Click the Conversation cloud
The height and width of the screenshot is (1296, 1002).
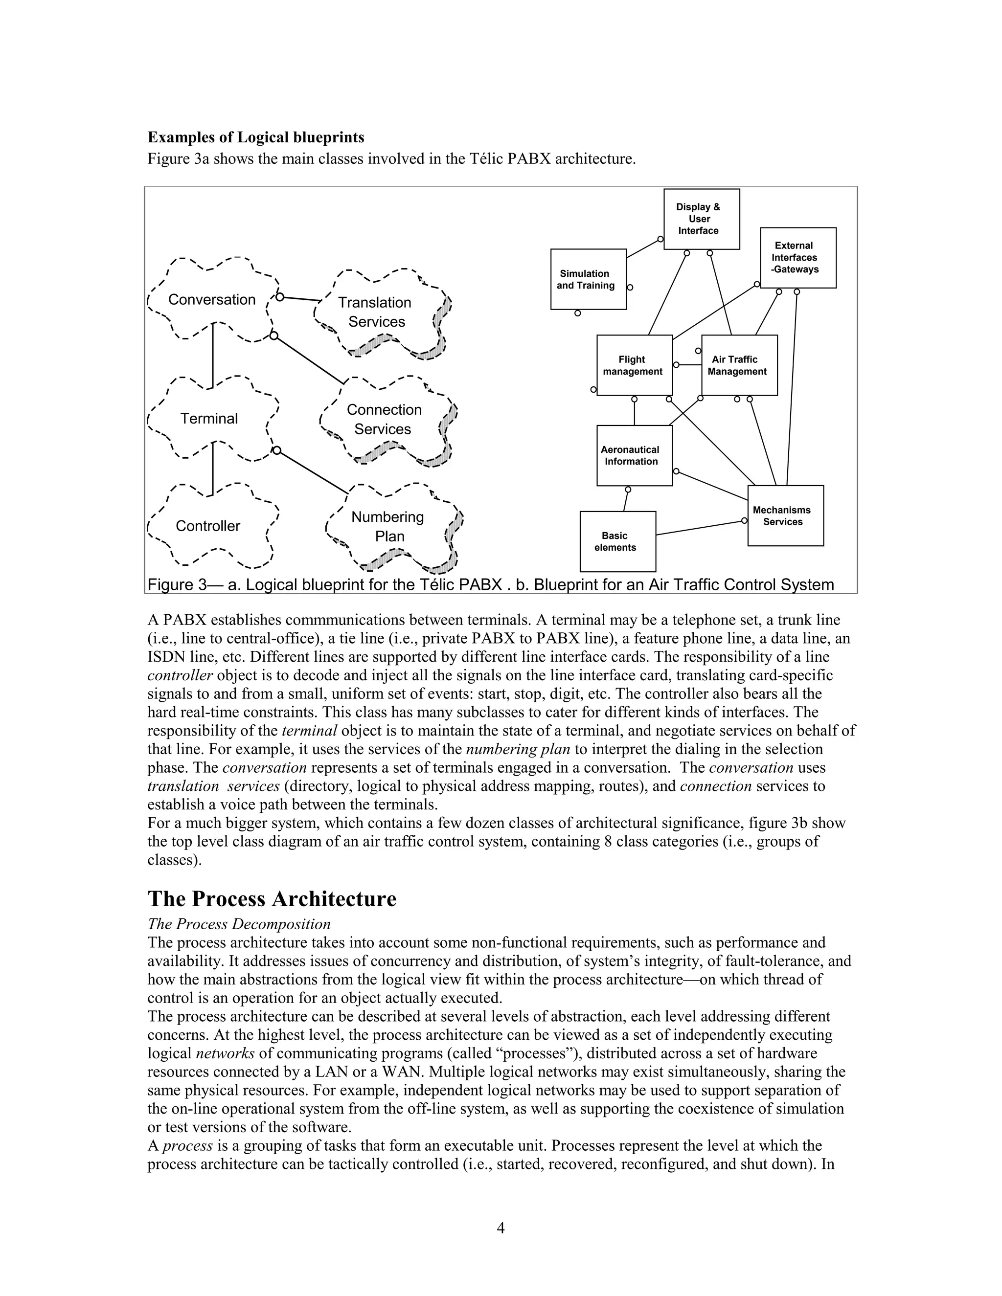212,300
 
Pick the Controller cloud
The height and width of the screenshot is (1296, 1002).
208,526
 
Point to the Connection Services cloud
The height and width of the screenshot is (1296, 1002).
385,420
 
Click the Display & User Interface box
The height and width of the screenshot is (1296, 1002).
701,219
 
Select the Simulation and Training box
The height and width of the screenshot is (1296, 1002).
588,279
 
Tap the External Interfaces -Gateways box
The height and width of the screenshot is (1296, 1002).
797,258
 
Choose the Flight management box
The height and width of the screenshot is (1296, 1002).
634,365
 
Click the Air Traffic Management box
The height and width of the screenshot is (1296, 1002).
738,365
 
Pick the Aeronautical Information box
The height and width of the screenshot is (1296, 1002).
634,455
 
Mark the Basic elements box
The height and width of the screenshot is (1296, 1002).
617,541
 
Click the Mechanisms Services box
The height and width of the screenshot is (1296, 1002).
785,515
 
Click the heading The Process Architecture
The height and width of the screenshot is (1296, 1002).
272,898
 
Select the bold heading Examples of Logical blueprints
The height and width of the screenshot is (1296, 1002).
256,138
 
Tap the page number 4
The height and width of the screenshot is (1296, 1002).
501,1228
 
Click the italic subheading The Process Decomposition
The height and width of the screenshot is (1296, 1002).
239,924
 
